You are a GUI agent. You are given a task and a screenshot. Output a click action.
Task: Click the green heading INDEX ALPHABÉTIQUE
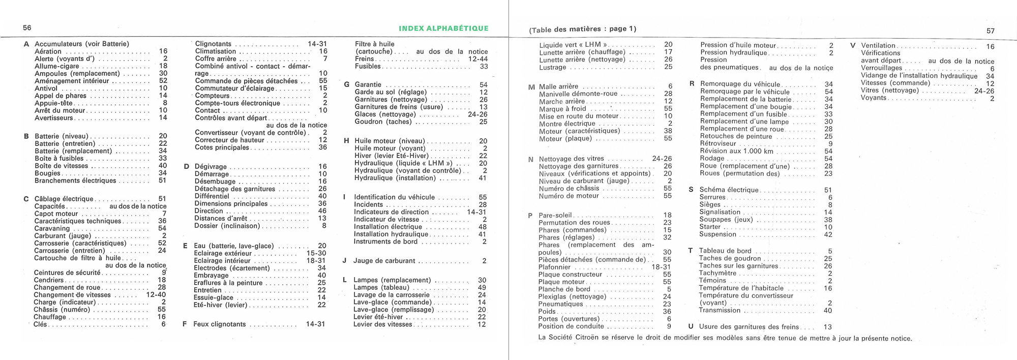443,28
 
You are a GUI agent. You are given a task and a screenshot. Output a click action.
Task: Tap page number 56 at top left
27,28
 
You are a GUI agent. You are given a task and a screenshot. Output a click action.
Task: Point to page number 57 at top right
990,31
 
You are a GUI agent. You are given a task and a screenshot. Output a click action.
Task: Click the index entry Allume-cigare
57,66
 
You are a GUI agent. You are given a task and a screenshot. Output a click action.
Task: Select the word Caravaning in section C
52,228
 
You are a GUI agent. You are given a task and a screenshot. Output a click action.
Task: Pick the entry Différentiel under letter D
212,196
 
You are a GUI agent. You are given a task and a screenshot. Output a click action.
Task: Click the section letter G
346,84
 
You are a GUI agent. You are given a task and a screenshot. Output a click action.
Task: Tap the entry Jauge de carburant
384,261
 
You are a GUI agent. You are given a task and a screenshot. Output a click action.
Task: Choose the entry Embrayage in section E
211,276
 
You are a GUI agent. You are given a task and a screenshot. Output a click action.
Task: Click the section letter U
691,327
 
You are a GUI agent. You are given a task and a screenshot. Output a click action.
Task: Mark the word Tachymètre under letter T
717,273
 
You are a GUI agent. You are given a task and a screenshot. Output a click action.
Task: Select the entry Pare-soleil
555,215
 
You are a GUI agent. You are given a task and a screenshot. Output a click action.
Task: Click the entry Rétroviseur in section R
718,143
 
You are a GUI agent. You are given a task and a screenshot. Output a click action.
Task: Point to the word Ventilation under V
878,46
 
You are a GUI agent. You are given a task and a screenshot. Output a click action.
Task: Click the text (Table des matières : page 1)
582,29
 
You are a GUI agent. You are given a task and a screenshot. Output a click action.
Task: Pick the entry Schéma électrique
729,190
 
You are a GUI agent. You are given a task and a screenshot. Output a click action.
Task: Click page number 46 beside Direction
322,211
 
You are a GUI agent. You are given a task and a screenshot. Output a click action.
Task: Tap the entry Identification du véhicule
395,197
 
